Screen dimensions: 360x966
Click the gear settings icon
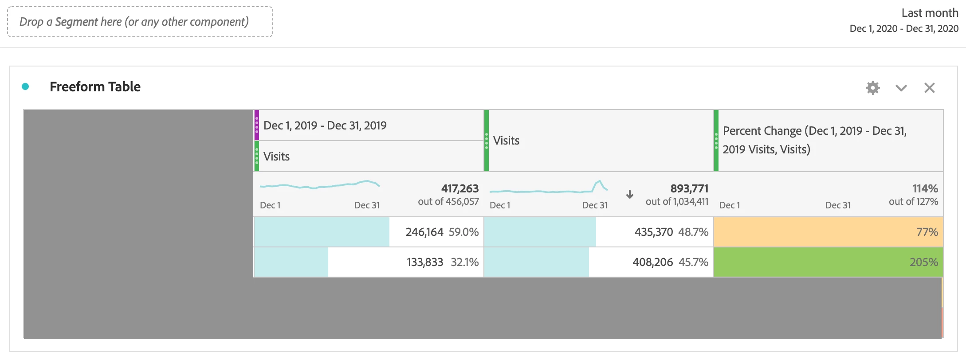pyautogui.click(x=872, y=88)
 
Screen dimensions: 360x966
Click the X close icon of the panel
pyautogui.click(x=929, y=88)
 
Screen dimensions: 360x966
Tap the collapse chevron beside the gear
pyautogui.click(x=901, y=88)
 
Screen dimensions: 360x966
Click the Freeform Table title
pyautogui.click(x=95, y=87)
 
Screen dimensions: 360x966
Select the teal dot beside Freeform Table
pyautogui.click(x=25, y=87)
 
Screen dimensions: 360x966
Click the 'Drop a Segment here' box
pyautogui.click(x=140, y=22)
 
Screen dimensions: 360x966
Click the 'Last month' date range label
pyautogui.click(x=930, y=13)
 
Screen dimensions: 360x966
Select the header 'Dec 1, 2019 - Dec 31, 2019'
pyautogui.click(x=325, y=125)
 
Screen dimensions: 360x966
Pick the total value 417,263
pyautogui.click(x=459, y=189)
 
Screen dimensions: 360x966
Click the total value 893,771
pyautogui.click(x=689, y=189)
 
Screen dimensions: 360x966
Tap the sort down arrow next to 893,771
pyautogui.click(x=629, y=194)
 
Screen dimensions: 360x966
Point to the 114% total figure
pyautogui.click(x=925, y=189)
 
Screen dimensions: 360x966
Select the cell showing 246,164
pyautogui.click(x=424, y=232)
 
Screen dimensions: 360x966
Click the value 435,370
pyautogui.click(x=653, y=232)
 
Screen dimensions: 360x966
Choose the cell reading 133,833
pyautogui.click(x=424, y=262)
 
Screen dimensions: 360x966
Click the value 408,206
pyautogui.click(x=652, y=262)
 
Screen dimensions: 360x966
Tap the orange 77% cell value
pyautogui.click(x=927, y=232)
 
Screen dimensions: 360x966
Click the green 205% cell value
pyautogui.click(x=923, y=262)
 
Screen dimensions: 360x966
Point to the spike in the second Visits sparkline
pyautogui.click(x=599, y=181)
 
